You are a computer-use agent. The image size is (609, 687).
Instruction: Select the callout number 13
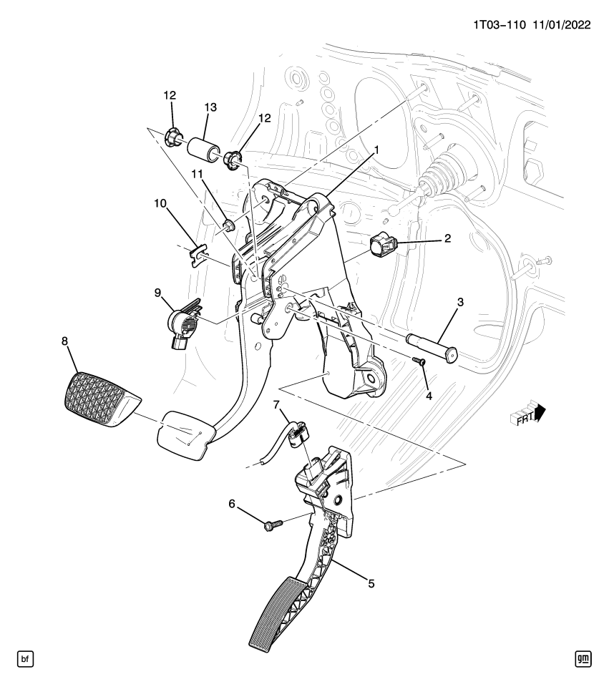(x=210, y=107)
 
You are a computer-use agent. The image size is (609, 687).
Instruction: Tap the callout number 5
(x=371, y=583)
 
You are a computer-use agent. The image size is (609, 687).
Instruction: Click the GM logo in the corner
(x=584, y=658)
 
